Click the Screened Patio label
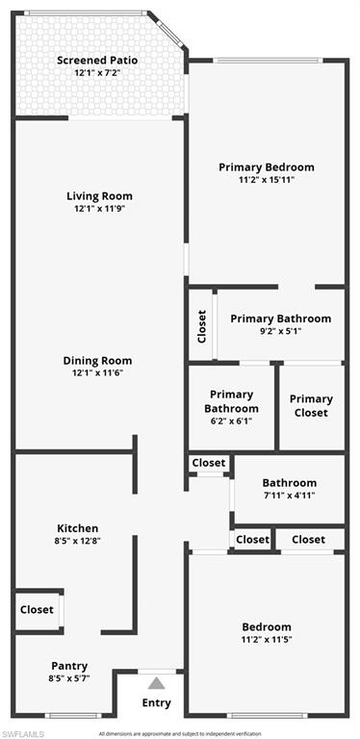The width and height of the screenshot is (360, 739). (97, 60)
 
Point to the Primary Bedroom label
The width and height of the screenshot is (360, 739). (266, 166)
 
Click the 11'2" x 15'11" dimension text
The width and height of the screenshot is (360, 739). (266, 180)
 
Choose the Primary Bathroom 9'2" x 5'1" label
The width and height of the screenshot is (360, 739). (280, 319)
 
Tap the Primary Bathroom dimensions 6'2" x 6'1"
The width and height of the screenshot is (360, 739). (231, 420)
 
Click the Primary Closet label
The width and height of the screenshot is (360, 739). (311, 405)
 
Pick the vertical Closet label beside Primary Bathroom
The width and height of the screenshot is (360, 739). (201, 326)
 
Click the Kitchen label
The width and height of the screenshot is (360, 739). (77, 528)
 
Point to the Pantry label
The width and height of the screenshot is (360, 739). (69, 666)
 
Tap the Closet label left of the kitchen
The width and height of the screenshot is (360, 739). (37, 609)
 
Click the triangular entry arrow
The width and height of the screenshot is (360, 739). (156, 684)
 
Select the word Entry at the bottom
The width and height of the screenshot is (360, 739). (156, 703)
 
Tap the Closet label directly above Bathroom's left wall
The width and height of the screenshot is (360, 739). (208, 463)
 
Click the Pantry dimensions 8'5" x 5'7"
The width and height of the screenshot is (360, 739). (69, 679)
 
